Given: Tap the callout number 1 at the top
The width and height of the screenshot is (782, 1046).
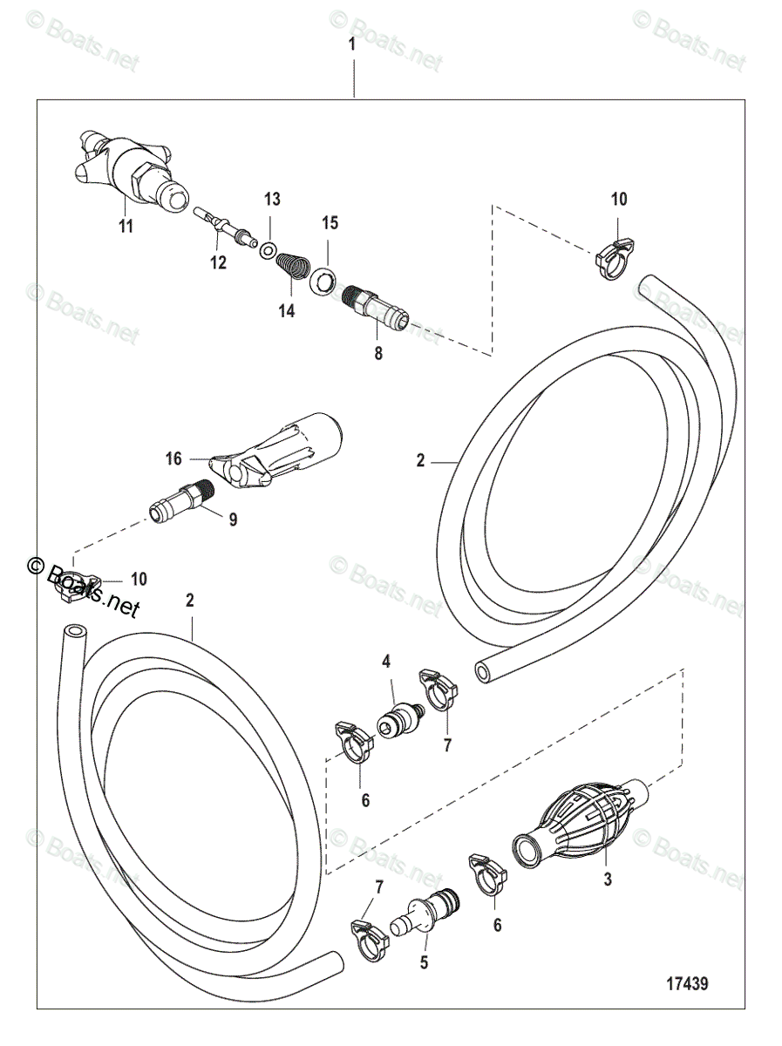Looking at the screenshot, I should [352, 45].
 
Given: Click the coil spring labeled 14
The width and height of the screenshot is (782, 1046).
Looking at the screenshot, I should [296, 265].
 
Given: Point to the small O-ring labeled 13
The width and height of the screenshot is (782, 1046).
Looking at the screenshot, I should [269, 252].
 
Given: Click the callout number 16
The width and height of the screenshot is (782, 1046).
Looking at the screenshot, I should [173, 457].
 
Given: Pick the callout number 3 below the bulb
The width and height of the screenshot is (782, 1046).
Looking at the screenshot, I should [608, 880].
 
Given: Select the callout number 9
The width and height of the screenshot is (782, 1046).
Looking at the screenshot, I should [233, 520].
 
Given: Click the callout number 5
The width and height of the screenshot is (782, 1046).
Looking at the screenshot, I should [425, 965].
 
